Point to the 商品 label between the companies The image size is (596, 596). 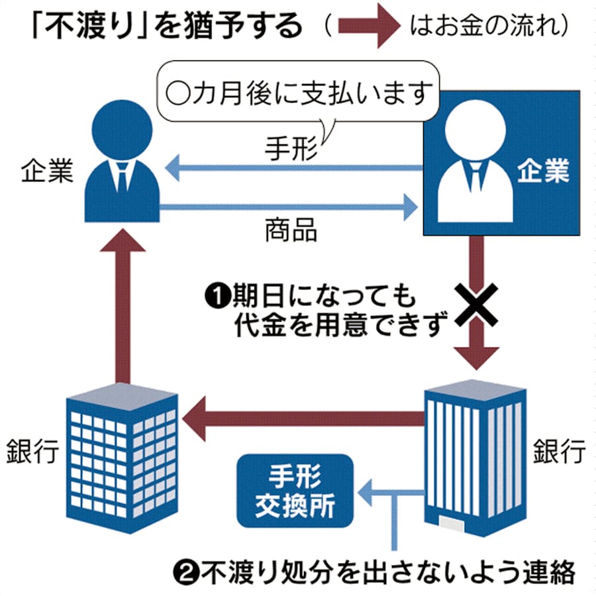pos(291,230)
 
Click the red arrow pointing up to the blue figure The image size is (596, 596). pos(124,305)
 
